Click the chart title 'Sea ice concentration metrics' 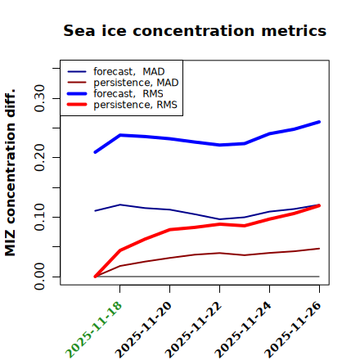(x=195, y=31)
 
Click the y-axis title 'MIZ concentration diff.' (x=10, y=173)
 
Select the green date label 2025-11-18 (x=93, y=330)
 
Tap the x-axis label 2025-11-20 (x=143, y=330)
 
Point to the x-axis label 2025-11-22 (x=193, y=330)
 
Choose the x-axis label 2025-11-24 (x=243, y=330)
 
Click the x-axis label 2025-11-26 (x=293, y=330)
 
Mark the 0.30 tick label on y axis (x=39, y=98)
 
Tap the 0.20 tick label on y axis (x=39, y=158)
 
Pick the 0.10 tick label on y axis (x=39, y=217)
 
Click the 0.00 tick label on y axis (x=39, y=277)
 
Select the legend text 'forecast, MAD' (x=129, y=72)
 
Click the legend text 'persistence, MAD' (x=136, y=83)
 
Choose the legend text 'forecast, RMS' (x=128, y=93)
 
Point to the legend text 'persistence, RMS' (x=135, y=105)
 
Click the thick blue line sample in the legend (x=77, y=94)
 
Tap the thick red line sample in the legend (x=77, y=105)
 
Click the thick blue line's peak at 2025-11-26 (x=319, y=122)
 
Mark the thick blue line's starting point (x=95, y=152)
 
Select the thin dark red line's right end (x=319, y=249)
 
